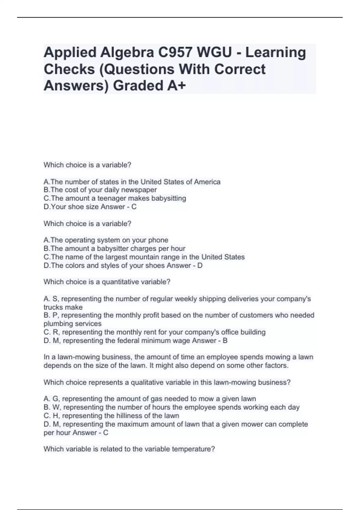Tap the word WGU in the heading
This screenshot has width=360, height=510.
214,52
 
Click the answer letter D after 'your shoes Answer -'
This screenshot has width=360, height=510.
200,265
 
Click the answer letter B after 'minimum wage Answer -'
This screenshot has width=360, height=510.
225,340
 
